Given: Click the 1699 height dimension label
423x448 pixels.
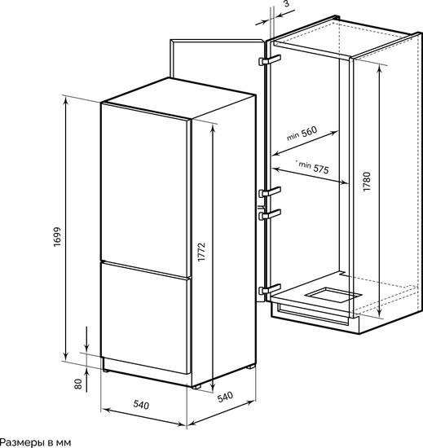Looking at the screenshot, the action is (x=57, y=237).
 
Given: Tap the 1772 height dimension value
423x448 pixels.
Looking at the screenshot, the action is (x=201, y=252).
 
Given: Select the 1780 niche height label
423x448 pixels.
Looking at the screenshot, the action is (x=367, y=182).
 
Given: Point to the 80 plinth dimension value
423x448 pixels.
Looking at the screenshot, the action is (x=78, y=384).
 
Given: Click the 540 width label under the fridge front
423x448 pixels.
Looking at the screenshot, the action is (x=141, y=405).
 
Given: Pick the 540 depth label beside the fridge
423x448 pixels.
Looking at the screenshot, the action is (x=225, y=397).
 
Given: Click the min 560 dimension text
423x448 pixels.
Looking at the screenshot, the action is (x=302, y=134).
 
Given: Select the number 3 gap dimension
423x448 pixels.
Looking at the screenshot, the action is (x=287, y=3).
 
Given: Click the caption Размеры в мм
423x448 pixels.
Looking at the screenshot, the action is (x=35, y=442).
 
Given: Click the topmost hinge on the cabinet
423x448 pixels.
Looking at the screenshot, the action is (x=270, y=60).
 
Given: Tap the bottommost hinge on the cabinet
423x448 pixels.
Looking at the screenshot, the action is (x=270, y=289).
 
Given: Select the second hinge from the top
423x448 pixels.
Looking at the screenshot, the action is (x=270, y=191).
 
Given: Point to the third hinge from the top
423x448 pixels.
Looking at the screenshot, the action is (x=270, y=214).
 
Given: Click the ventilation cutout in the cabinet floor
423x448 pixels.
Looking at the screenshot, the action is (x=333, y=295).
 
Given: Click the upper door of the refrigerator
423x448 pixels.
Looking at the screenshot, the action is (x=146, y=190).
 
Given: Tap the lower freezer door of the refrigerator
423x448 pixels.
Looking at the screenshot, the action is (x=146, y=318).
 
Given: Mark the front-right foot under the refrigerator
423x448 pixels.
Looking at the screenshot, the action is (x=196, y=387).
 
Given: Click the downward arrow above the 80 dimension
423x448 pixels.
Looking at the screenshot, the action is (x=87, y=339).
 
